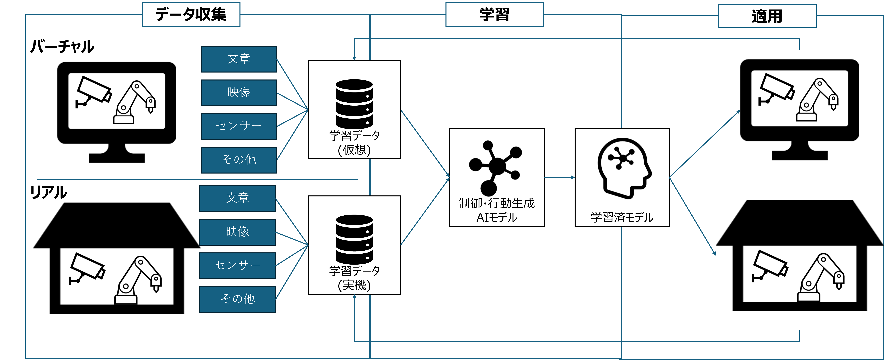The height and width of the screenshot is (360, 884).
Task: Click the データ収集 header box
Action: point(191,14)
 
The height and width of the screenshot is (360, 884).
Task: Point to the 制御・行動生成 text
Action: point(496,204)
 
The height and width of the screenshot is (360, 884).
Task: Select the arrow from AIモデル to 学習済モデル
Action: point(559,177)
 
